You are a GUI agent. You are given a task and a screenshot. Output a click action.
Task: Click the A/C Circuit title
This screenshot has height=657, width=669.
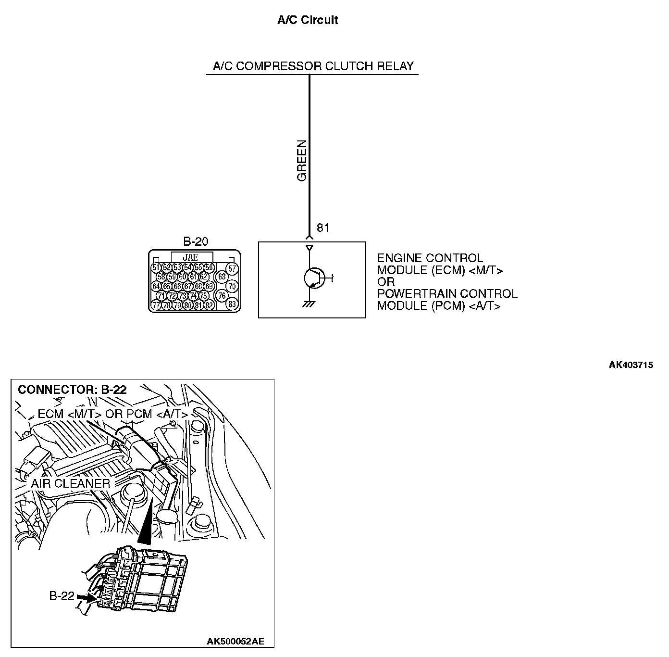(308, 20)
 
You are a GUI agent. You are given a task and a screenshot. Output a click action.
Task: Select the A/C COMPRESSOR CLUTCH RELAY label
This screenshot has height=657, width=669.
(313, 66)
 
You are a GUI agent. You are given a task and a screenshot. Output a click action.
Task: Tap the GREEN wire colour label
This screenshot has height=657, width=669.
(302, 161)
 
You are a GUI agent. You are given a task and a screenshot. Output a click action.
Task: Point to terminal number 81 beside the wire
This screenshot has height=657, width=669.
(323, 228)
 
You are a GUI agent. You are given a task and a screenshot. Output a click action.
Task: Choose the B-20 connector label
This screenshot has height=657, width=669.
(196, 241)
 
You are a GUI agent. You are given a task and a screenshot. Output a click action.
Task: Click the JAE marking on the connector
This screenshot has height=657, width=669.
(190, 258)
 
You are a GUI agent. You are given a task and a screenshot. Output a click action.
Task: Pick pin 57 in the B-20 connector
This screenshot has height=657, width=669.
(232, 268)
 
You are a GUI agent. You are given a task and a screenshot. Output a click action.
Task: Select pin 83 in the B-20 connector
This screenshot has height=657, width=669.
(232, 304)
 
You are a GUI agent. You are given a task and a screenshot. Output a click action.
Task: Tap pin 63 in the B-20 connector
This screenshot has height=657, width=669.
(222, 277)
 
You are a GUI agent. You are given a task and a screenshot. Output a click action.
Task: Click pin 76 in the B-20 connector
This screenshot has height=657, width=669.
(222, 295)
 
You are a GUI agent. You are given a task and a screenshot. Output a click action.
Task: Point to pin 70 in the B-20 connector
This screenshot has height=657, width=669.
(232, 286)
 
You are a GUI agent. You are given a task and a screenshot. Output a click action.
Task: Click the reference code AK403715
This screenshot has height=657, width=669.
(631, 365)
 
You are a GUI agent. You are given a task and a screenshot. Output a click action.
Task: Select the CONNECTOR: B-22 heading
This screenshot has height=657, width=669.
(72, 390)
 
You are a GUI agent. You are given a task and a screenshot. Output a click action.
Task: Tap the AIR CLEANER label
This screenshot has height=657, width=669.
(71, 483)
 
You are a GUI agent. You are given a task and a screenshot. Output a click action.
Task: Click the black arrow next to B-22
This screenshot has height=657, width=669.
(85, 597)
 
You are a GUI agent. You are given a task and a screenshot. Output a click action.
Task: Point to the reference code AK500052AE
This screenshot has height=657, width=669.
(235, 641)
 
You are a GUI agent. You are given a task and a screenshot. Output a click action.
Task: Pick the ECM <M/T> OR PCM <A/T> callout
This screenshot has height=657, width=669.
(112, 414)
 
